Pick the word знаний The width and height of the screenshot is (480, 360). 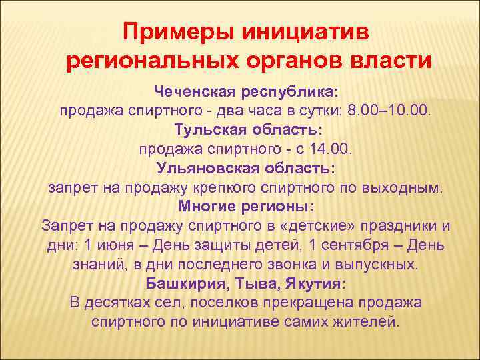94,264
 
